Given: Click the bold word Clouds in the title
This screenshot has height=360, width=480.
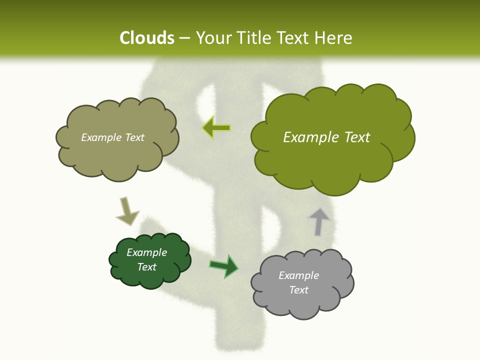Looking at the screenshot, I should [x=146, y=38].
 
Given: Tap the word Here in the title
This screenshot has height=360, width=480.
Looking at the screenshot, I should [x=334, y=38].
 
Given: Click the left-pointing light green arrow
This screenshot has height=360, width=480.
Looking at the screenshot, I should [x=216, y=128].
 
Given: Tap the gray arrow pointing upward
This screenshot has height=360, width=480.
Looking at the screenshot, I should [x=319, y=221].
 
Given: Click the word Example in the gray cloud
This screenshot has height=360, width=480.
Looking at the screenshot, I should [x=298, y=275].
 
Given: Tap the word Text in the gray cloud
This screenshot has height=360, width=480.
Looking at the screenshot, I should [x=298, y=290].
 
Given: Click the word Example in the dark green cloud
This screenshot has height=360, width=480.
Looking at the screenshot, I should [x=146, y=252].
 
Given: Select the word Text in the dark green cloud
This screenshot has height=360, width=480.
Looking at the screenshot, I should [x=146, y=267].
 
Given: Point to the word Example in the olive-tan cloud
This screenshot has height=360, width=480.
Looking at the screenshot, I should [x=99, y=137].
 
